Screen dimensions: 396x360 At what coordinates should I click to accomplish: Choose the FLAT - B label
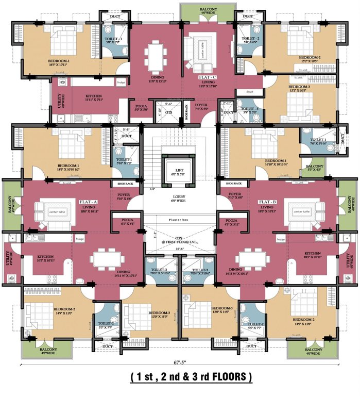[x=268, y=202]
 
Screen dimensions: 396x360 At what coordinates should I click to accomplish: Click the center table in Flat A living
[x=45, y=211]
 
